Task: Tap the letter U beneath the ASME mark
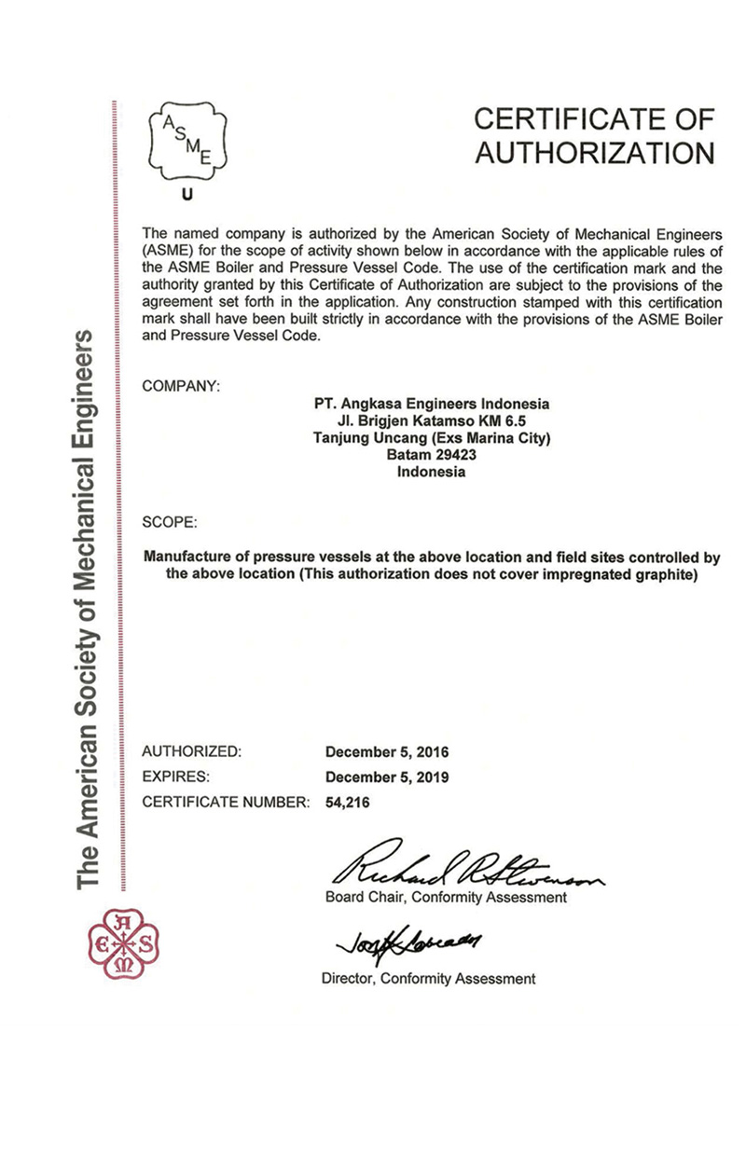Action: (x=186, y=196)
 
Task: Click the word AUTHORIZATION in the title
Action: (x=595, y=152)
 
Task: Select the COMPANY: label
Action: (x=180, y=385)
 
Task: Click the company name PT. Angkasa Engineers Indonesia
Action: (x=430, y=404)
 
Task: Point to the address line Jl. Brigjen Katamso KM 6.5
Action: (x=430, y=421)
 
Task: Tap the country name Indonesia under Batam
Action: (x=430, y=472)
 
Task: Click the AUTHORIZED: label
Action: (x=191, y=751)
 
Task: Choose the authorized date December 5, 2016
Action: (x=386, y=751)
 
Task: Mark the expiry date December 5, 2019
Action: (x=386, y=776)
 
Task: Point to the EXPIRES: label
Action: (x=175, y=776)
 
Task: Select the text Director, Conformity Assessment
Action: (x=428, y=979)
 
